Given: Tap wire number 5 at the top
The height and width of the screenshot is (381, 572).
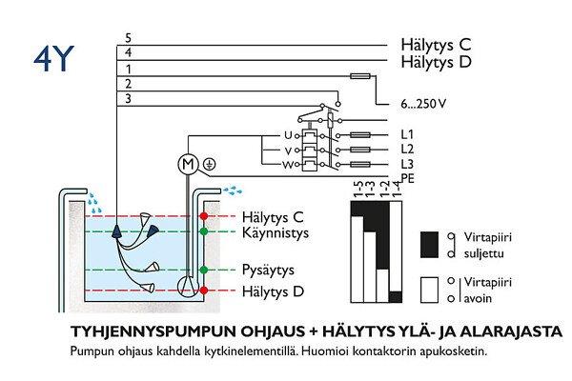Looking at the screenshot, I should [127, 37].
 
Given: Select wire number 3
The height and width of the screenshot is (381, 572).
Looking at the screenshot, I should [127, 98].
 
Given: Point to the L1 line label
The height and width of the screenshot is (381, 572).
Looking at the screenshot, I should [407, 135].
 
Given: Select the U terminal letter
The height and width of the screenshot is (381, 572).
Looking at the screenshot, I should [288, 135].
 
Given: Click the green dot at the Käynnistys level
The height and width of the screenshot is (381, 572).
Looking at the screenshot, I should [202, 231].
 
